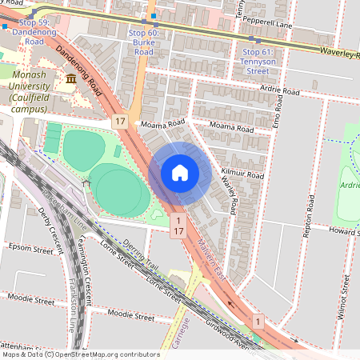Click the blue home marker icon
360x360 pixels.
pos(180,172)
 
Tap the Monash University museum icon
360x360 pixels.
pos(72,78)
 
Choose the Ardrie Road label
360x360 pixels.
pos(280,92)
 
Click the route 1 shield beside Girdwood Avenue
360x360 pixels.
pos(258,321)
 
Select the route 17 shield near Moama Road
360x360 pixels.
pos(120,121)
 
